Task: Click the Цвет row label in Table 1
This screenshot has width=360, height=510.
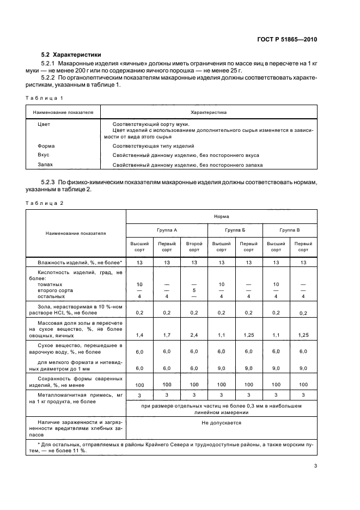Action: tap(44, 124)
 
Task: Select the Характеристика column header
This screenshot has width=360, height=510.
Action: tap(209, 112)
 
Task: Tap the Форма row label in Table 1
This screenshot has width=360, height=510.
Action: tap(46, 146)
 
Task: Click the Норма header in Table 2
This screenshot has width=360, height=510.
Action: tap(221, 216)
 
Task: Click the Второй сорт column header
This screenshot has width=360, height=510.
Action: tap(194, 246)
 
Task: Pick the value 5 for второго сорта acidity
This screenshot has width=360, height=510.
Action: tap(194, 290)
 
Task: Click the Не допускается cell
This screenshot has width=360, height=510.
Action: tap(221, 422)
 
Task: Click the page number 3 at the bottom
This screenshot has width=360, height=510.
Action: tap(315, 465)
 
